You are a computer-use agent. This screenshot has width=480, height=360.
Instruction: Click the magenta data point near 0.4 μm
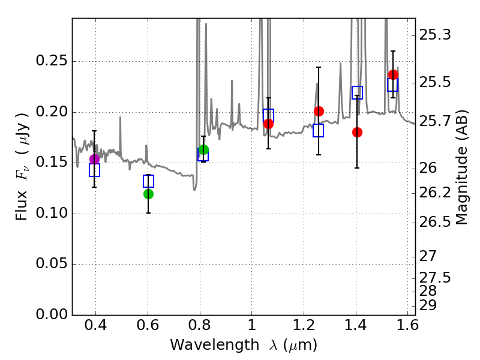click(x=94, y=159)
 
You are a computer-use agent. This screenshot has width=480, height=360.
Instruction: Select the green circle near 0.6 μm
click(x=148, y=194)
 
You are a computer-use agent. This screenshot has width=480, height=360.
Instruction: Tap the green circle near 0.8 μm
click(x=203, y=150)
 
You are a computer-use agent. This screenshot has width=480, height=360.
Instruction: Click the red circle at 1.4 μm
click(x=357, y=132)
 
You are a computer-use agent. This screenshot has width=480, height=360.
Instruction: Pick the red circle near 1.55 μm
click(x=393, y=75)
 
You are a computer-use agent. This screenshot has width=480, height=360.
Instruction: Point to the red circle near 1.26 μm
click(x=319, y=111)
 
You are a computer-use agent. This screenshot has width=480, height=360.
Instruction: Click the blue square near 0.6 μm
click(x=148, y=181)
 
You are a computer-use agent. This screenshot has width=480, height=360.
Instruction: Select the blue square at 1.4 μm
click(x=357, y=92)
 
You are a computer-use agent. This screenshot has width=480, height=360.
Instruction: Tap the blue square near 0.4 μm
click(x=94, y=170)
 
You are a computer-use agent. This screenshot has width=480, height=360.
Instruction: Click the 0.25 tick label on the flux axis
click(x=52, y=62)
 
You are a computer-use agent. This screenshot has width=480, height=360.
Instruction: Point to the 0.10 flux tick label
click(x=52, y=214)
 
